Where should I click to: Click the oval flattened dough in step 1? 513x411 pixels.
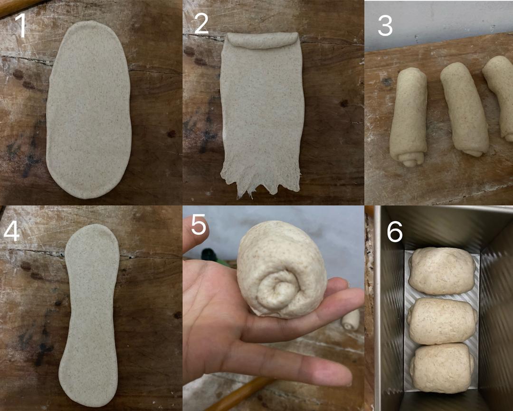(x=89, y=109)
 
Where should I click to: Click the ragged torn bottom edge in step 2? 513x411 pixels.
(x=260, y=184)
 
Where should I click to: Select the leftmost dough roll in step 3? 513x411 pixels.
(x=408, y=117)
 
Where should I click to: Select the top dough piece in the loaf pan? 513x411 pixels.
(x=442, y=271)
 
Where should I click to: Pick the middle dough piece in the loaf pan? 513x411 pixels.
(x=442, y=321)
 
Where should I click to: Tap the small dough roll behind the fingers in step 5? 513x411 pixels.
(x=351, y=320)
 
